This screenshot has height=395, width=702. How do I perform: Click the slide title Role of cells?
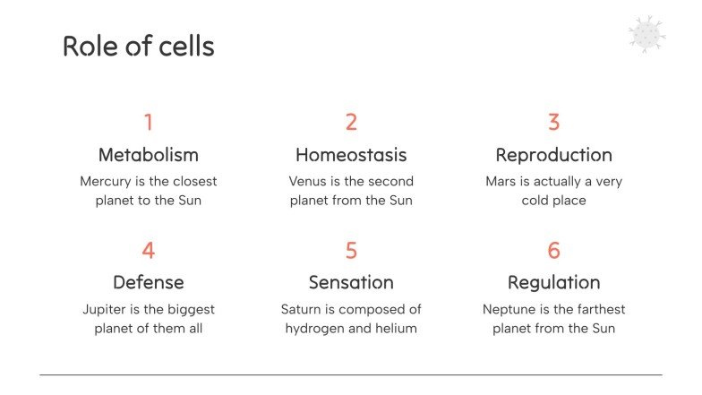(x=138, y=46)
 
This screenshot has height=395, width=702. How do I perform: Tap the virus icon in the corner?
(x=646, y=34)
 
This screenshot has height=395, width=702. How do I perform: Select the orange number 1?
(x=149, y=122)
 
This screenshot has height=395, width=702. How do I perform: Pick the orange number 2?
(x=351, y=122)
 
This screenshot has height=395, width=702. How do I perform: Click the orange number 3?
(x=553, y=122)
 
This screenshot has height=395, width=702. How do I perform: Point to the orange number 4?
(x=149, y=250)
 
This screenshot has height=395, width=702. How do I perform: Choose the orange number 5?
(x=351, y=250)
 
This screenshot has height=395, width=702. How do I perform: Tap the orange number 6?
(x=553, y=250)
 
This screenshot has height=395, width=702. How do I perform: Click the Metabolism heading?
(x=149, y=155)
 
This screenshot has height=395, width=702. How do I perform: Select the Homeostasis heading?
(x=351, y=155)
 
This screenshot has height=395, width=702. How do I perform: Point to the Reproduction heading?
(x=553, y=155)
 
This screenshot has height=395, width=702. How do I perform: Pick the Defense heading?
(x=149, y=282)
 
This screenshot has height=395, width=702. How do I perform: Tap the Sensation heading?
(x=351, y=282)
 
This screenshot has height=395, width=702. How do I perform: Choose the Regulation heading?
(x=553, y=282)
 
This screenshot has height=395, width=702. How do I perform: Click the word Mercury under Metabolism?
(x=106, y=182)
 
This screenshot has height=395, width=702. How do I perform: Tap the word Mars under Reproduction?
(x=501, y=181)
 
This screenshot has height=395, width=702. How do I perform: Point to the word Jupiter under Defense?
(x=106, y=310)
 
